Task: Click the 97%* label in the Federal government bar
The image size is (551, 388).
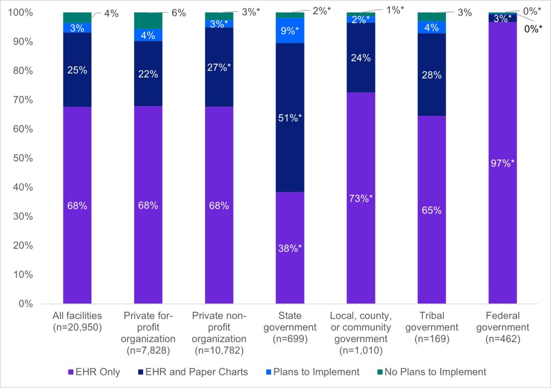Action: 502,162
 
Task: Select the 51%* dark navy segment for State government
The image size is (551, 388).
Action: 290,117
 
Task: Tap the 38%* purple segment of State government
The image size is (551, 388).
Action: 290,248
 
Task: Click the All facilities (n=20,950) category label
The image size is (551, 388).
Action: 77,321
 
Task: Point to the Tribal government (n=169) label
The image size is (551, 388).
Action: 431,321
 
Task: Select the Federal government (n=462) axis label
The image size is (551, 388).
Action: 502,321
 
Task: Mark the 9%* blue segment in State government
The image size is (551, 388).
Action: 290,30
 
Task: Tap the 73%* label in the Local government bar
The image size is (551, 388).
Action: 361,198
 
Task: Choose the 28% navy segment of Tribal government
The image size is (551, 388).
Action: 431,74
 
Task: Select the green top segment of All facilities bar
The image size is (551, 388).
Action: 77,17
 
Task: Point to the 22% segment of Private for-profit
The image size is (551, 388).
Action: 148,74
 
